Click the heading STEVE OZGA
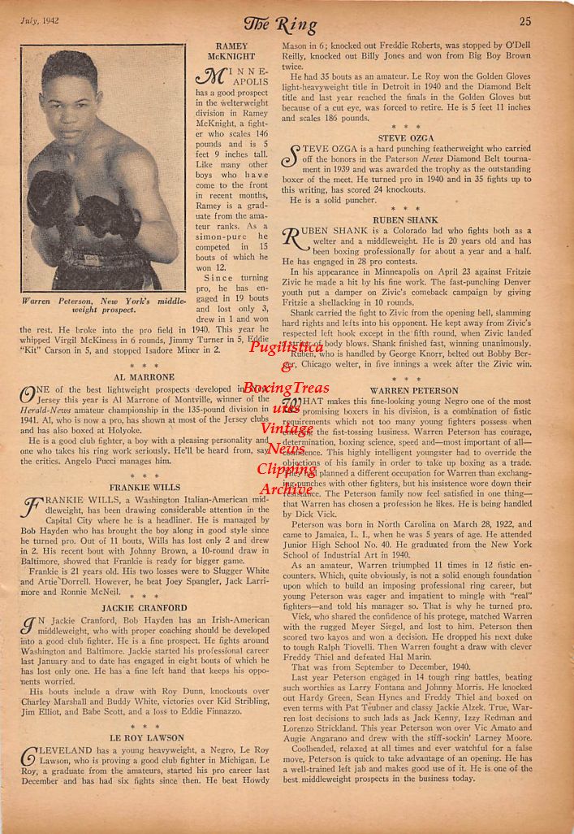406,138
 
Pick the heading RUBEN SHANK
405,219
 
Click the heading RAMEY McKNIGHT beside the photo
232,52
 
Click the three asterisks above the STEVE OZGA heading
405,127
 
